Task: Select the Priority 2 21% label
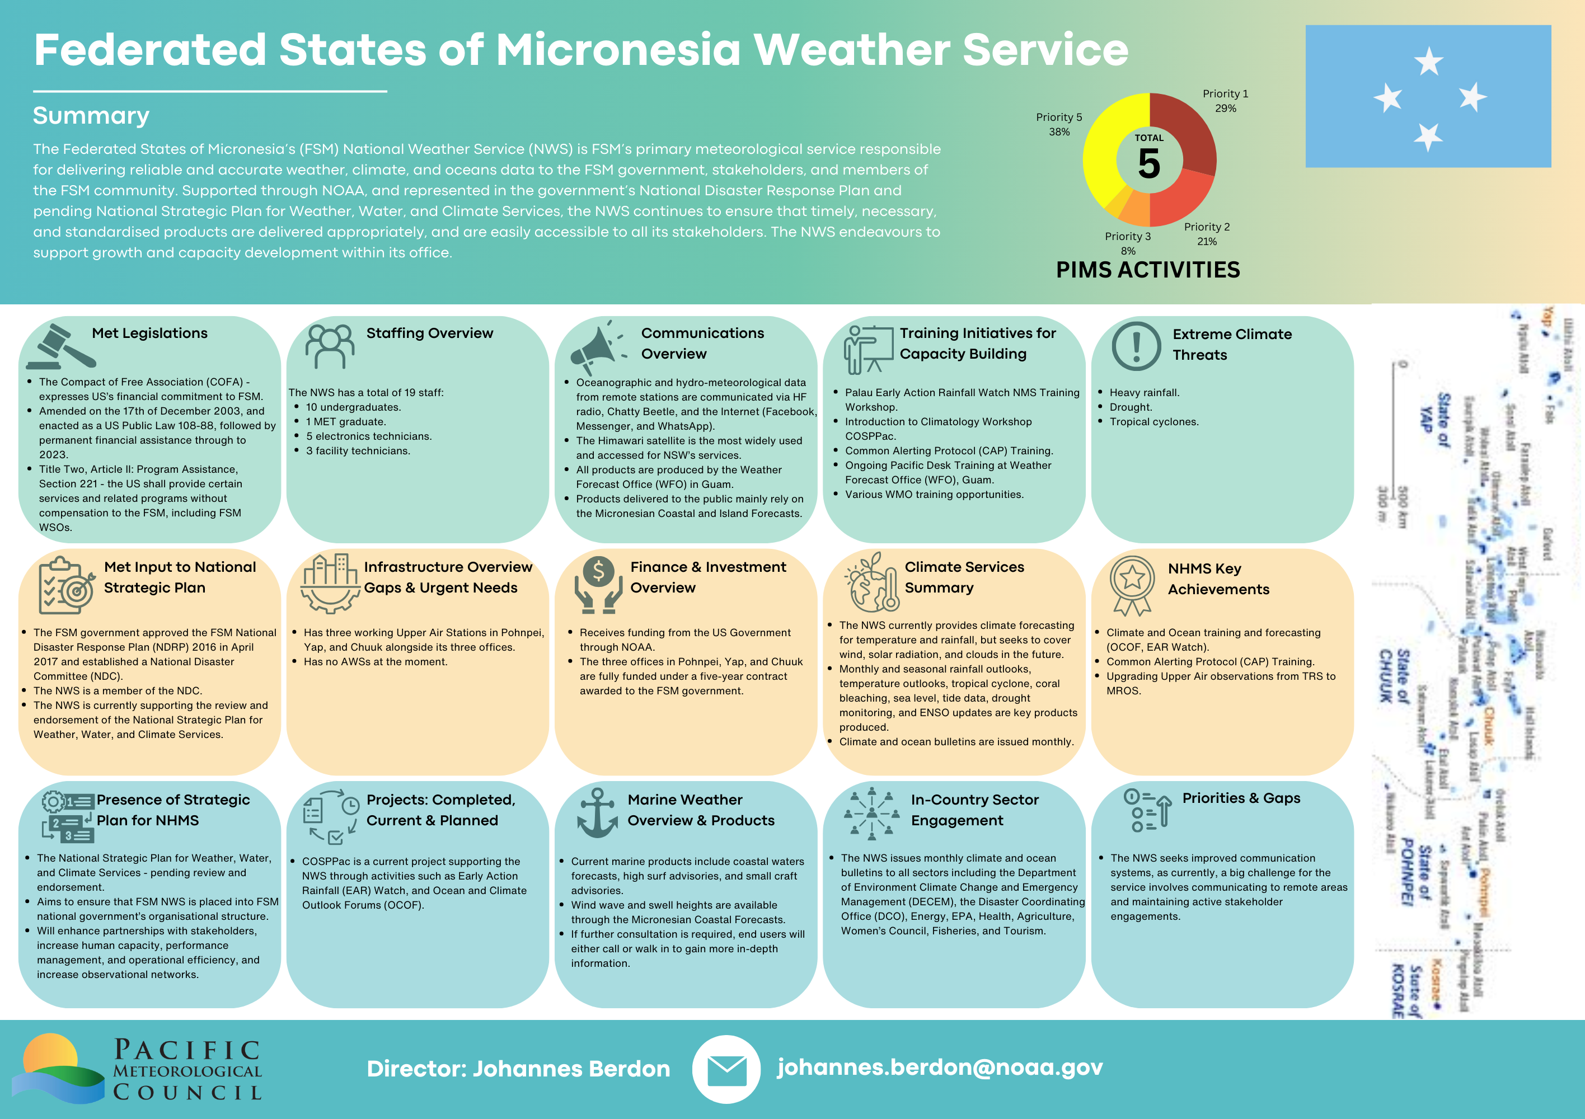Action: click(x=1207, y=234)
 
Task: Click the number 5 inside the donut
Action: click(x=1150, y=164)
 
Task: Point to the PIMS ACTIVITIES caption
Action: click(x=1148, y=270)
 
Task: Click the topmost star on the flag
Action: click(x=1428, y=62)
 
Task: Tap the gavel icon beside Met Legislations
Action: click(x=62, y=346)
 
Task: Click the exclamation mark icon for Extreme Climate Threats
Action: click(x=1136, y=346)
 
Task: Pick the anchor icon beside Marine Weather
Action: click(x=597, y=814)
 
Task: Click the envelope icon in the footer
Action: click(x=726, y=1069)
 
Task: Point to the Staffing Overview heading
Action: click(x=429, y=333)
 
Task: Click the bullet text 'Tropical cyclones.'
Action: click(x=1153, y=422)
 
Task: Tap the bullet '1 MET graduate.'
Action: click(x=346, y=422)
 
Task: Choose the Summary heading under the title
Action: click(x=91, y=116)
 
